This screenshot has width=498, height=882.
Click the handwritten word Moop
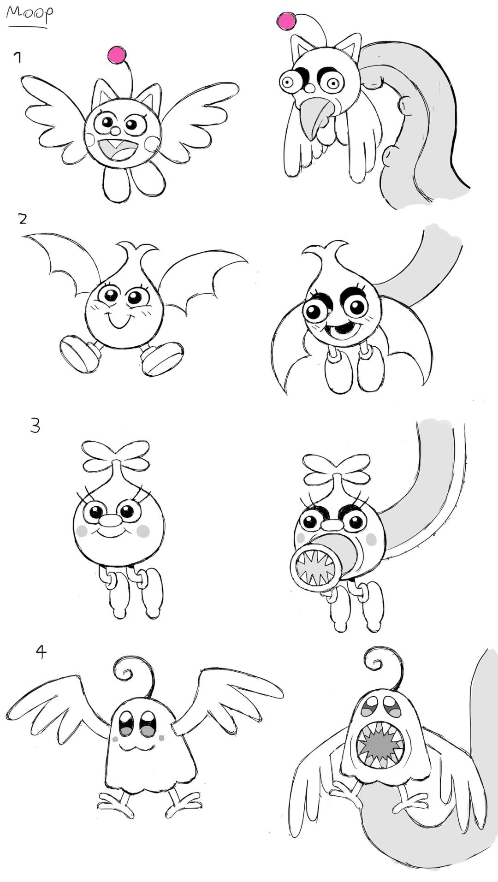[x=29, y=12]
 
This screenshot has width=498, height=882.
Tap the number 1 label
[x=18, y=58]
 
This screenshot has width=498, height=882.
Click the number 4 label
[x=41, y=651]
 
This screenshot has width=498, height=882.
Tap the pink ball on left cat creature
[x=117, y=55]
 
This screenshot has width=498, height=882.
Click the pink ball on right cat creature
[x=287, y=21]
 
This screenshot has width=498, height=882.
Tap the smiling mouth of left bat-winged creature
[x=118, y=320]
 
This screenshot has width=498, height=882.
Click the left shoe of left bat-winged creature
[x=80, y=354]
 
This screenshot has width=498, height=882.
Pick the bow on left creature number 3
[x=116, y=456]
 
